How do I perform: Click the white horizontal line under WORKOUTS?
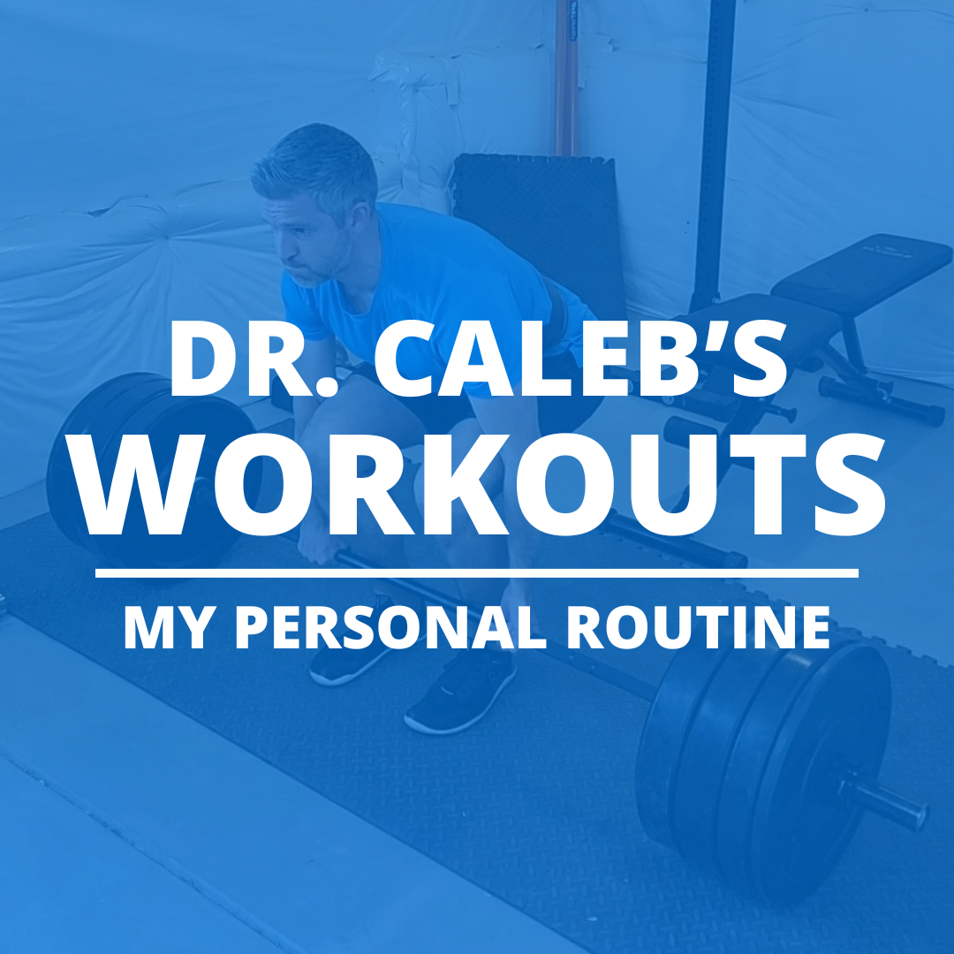(x=477, y=573)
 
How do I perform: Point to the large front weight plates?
(x=760, y=768)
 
